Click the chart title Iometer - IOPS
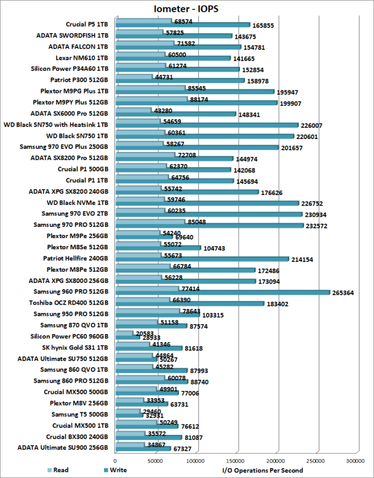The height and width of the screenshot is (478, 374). click(x=186, y=9)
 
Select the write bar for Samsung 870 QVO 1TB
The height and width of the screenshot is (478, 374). click(x=151, y=326)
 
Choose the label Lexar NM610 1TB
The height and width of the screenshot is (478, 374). click(x=82, y=57)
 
